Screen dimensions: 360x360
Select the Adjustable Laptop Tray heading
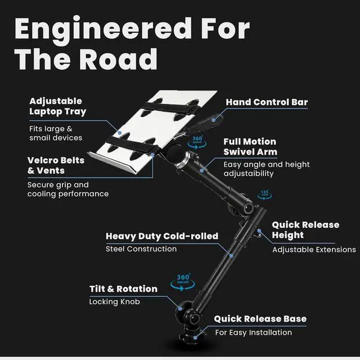57,106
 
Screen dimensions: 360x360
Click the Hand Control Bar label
267,102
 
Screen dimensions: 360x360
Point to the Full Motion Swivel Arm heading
250,147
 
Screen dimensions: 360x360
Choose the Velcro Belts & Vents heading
56,165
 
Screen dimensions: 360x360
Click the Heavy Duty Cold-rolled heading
161,236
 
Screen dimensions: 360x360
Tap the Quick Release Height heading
305,229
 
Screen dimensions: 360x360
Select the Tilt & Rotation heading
123,289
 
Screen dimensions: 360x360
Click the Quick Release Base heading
260,319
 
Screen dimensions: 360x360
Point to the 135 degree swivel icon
265,195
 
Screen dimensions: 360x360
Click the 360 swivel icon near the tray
197,141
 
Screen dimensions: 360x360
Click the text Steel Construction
141,249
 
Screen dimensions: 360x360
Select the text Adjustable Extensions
314,249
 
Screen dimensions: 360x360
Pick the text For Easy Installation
253,332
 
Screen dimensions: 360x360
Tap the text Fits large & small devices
55,133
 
